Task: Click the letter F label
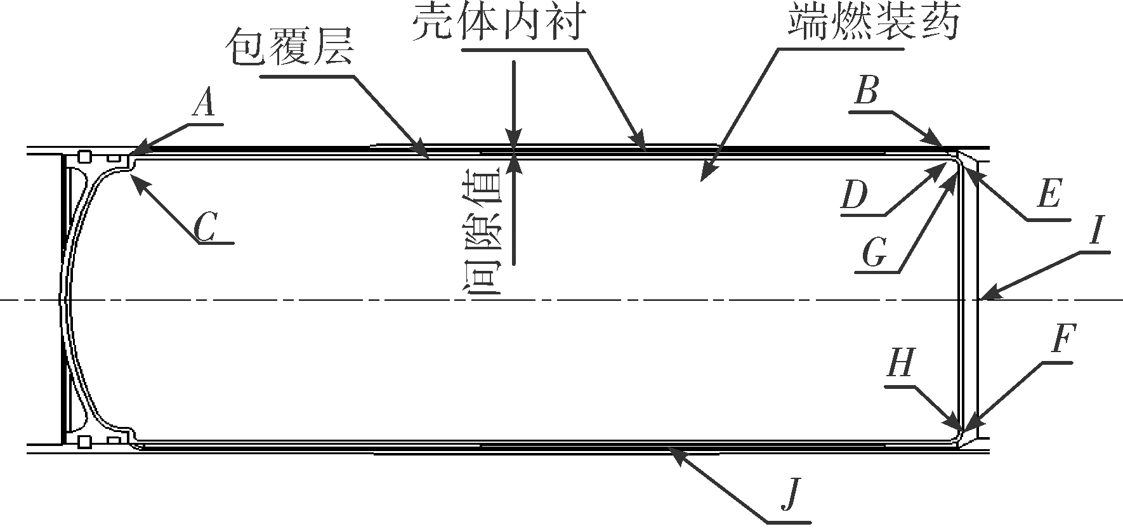pos(1063,341)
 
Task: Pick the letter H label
pos(900,364)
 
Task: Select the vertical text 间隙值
pos(485,232)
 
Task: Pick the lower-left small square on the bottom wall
pos(84,442)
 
